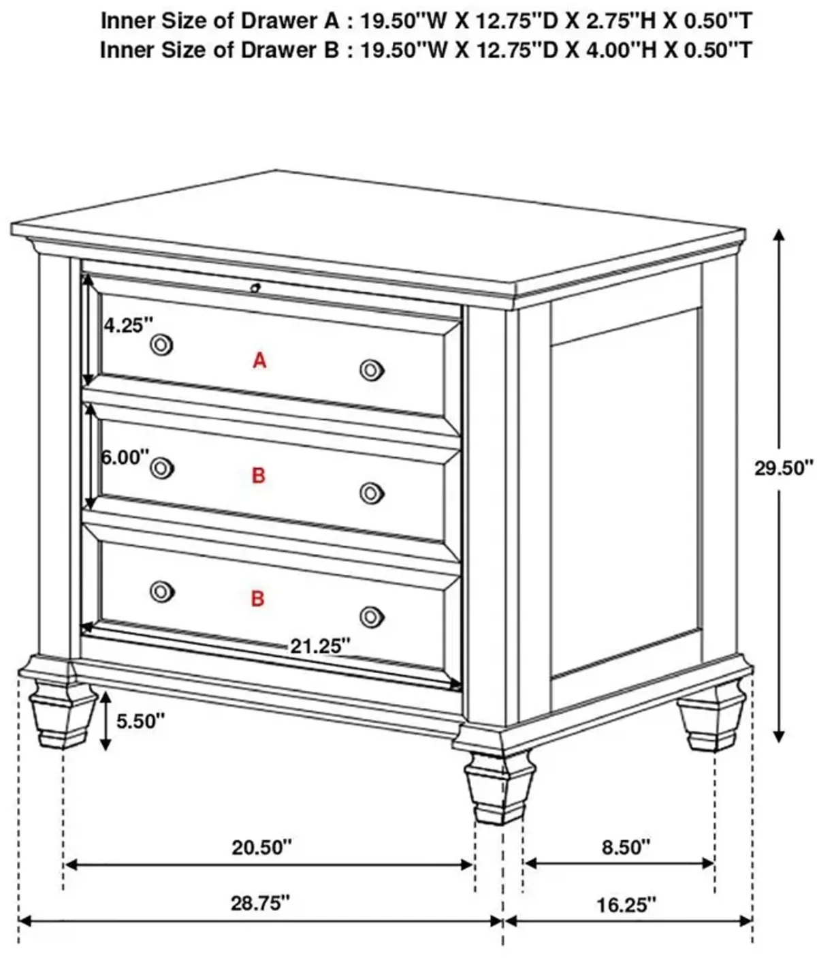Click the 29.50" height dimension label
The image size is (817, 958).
(784, 468)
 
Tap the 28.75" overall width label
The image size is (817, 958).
(260, 903)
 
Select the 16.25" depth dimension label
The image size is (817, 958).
(626, 905)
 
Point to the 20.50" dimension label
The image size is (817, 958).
(261, 848)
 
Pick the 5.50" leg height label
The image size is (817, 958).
(140, 721)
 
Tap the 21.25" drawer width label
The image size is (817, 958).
(320, 646)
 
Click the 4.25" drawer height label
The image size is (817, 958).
(128, 326)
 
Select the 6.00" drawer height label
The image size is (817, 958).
(125, 457)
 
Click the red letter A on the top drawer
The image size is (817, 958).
(259, 360)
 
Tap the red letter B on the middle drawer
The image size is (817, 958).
(259, 476)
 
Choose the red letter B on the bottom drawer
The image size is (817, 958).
(257, 599)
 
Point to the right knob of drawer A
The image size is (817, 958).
(372, 370)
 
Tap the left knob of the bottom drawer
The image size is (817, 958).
(162, 591)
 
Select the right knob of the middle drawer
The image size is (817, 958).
(372, 493)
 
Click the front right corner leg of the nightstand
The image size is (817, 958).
(499, 790)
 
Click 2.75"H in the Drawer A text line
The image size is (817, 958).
(613, 21)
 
